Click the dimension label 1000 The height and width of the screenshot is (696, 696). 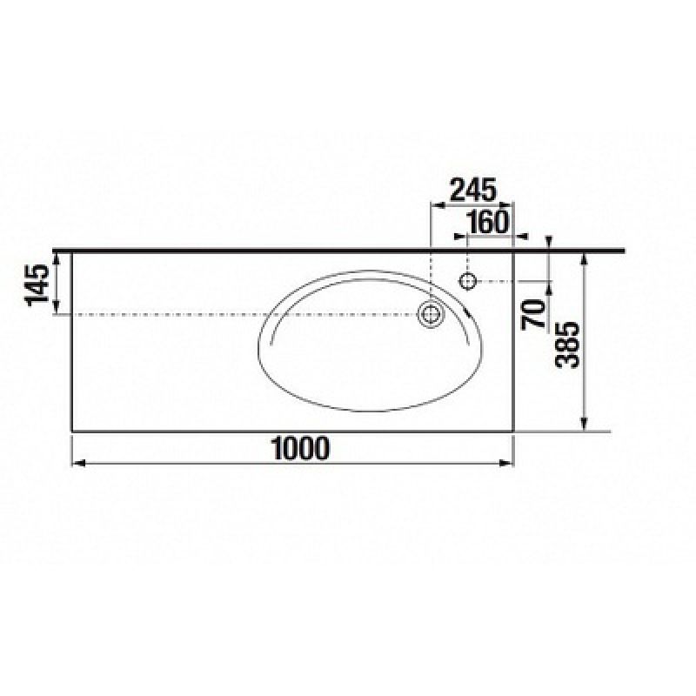coord(301,448)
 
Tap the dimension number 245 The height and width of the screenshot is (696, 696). coord(472,190)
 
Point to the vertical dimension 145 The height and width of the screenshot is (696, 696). coord(37,285)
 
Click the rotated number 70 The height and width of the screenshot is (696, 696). coord(533,314)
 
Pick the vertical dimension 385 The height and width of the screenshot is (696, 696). coord(568,345)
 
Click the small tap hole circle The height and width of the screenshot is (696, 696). coord(468,281)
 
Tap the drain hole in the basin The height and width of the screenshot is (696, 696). coord(430,314)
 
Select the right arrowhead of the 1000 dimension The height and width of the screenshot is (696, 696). coord(506,464)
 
